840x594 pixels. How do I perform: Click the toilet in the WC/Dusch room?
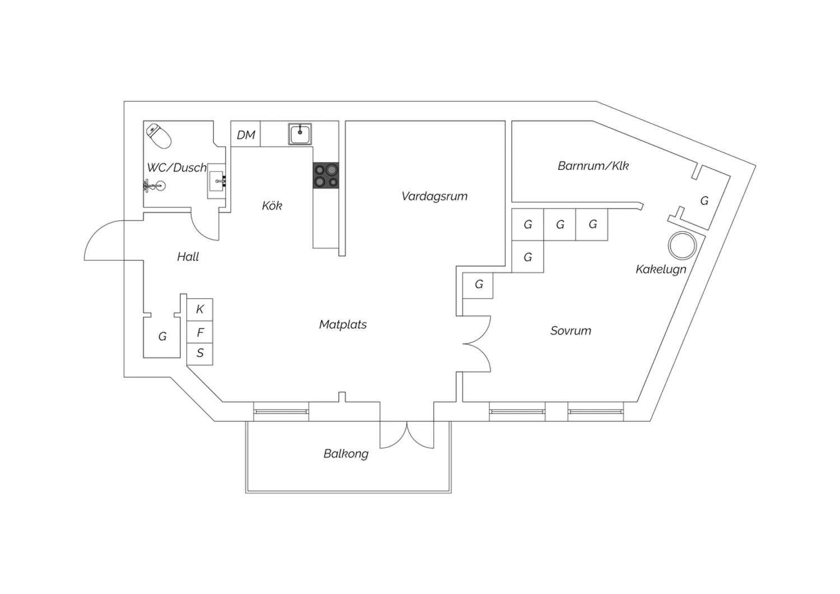(158, 136)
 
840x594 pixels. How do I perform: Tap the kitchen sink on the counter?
(300, 134)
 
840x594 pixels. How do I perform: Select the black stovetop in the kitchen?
(325, 175)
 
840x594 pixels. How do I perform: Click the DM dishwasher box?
(246, 134)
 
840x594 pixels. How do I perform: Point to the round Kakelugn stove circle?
(682, 245)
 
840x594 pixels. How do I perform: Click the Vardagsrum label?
(434, 196)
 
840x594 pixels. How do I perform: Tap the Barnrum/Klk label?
(593, 165)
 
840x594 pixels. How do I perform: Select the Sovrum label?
(571, 331)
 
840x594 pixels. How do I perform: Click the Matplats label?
(343, 324)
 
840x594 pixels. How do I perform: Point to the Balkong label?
(346, 454)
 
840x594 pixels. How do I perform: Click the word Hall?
(188, 257)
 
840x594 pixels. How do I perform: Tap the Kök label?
(272, 205)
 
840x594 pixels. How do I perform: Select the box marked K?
(200, 309)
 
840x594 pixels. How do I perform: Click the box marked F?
(200, 332)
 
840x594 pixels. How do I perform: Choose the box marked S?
(200, 354)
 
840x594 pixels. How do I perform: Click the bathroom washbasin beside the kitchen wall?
(217, 181)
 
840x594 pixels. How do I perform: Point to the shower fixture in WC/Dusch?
(154, 185)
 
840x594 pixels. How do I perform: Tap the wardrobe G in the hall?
(162, 336)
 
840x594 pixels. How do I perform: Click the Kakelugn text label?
(661, 269)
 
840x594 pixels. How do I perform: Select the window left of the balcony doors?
(281, 412)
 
